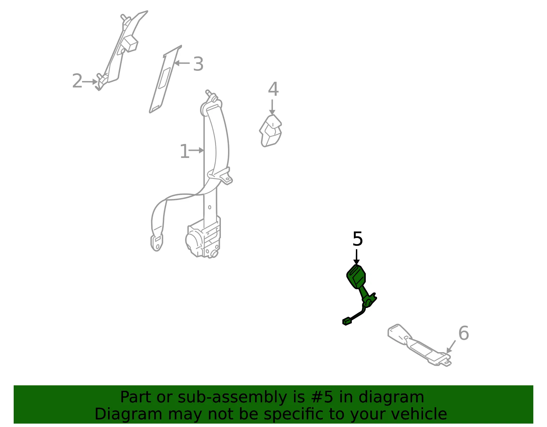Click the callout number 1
pyautogui.click(x=184, y=151)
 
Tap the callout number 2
pyautogui.click(x=77, y=81)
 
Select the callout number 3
pyautogui.click(x=198, y=64)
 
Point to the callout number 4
pyautogui.click(x=273, y=89)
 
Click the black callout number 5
pyautogui.click(x=358, y=239)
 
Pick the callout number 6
pyautogui.click(x=464, y=333)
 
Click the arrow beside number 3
pyautogui.click(x=182, y=63)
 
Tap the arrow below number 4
pyautogui.click(x=272, y=107)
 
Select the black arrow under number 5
pyautogui.click(x=356, y=257)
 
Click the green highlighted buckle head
pyautogui.click(x=356, y=277)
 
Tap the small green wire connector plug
pyautogui.click(x=347, y=322)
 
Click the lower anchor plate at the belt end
pyautogui.click(x=157, y=243)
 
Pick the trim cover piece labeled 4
pyautogui.click(x=270, y=131)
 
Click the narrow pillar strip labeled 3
pyautogui.click(x=165, y=80)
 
